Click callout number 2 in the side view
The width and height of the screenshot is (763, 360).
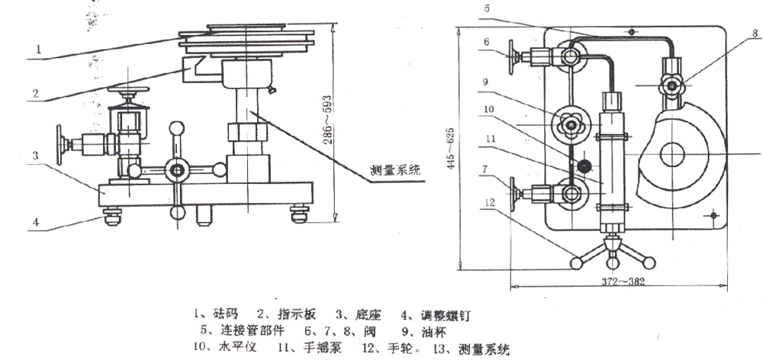coord(34,98)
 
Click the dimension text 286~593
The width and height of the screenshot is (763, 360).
coord(327,121)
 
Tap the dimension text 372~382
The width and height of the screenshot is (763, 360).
coord(619,281)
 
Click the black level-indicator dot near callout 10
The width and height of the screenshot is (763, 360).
coord(584,166)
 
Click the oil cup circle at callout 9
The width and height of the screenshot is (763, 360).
coord(569,125)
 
